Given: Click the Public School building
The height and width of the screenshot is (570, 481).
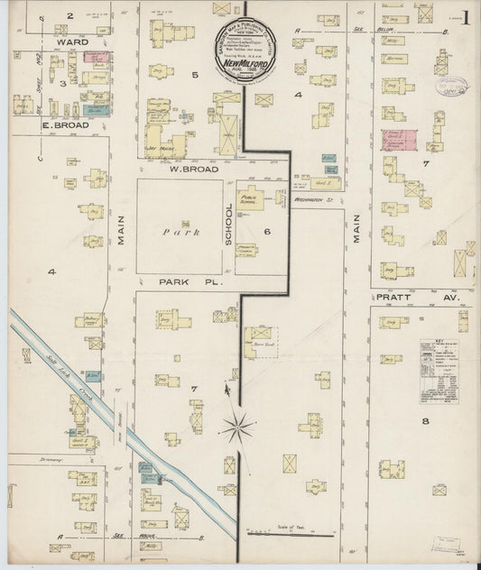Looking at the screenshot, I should tap(248, 201).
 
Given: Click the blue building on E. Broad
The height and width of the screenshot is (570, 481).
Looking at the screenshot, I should tap(98, 109).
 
